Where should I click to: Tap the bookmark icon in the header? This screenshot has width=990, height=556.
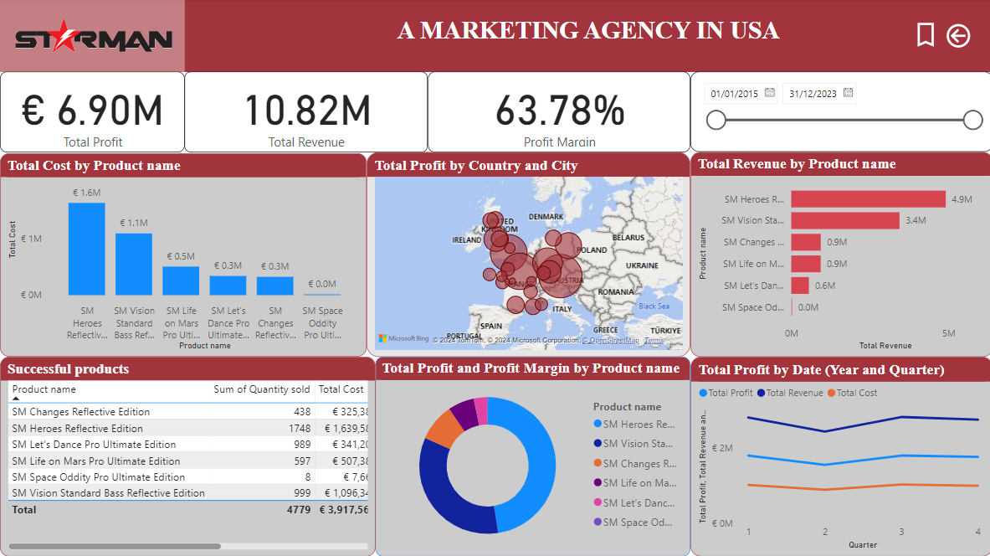[x=925, y=35]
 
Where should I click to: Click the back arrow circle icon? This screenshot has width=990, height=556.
[x=958, y=35]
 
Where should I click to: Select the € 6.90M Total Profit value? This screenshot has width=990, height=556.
[x=92, y=111]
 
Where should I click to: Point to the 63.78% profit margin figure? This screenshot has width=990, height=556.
[x=560, y=111]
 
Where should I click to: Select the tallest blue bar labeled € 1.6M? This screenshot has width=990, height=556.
[x=87, y=249]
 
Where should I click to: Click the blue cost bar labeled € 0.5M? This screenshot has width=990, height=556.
[x=181, y=281]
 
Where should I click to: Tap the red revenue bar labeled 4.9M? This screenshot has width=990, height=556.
[x=868, y=199]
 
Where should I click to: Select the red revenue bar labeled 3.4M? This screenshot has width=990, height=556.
[x=844, y=221]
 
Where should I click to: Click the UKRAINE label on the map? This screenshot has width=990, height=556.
[x=642, y=265]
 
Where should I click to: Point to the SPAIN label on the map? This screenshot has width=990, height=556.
[x=490, y=326]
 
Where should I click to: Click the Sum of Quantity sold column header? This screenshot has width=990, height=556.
[x=261, y=389]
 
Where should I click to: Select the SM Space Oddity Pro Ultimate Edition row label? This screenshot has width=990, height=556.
[x=99, y=477]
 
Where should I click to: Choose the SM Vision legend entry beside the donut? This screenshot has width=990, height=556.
[x=638, y=444]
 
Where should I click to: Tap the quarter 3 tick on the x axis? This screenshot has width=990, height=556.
[x=901, y=532]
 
